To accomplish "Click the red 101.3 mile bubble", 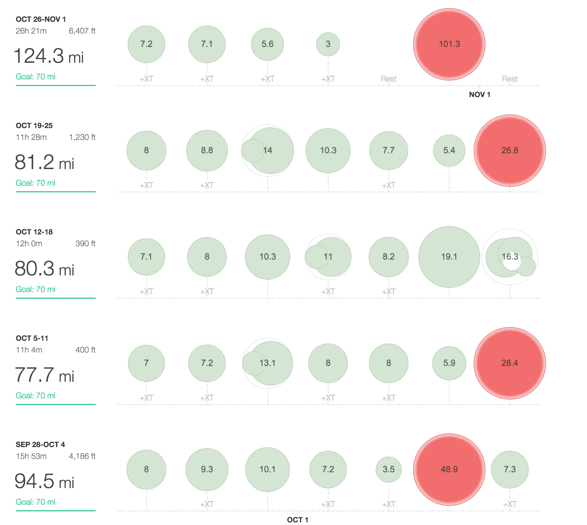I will [449, 44].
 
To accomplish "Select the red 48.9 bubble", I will [449, 469].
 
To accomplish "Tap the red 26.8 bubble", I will [509, 151].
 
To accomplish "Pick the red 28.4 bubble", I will [509, 363].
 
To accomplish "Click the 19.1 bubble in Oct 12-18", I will [449, 257].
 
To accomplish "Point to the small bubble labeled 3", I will [328, 44].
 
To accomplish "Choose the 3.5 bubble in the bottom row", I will [388, 469].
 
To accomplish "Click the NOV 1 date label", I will [479, 95].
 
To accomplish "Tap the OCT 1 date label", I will [298, 519].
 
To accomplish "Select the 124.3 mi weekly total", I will [49, 56].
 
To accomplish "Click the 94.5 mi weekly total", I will [44, 481].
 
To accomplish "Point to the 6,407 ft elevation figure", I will [82, 31].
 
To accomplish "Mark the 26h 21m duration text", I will [31, 31].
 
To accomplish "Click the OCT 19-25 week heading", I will [34, 126].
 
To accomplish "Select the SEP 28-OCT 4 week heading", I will [40, 445].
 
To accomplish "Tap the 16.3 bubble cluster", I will [509, 257].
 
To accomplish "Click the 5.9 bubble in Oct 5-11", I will [449, 363].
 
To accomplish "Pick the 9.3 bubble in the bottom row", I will [207, 469].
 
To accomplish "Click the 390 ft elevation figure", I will [85, 244].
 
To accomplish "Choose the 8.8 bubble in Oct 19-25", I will [207, 151].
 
